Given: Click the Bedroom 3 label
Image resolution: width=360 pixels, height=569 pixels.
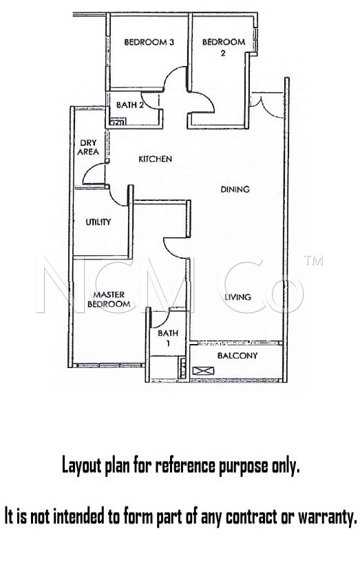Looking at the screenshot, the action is [x=149, y=42].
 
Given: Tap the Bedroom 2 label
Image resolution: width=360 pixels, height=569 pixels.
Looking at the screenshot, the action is [x=224, y=47].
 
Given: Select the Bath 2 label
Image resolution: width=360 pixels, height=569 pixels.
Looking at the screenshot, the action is [x=130, y=105].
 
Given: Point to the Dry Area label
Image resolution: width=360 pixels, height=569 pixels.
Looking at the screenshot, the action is [x=88, y=147].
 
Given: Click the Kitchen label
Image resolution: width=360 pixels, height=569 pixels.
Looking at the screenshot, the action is [x=156, y=159].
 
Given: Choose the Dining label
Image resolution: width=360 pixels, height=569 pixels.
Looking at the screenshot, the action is [x=235, y=189].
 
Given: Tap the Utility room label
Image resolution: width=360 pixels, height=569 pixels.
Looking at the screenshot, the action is [x=98, y=222].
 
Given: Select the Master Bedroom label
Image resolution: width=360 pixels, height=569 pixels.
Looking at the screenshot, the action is [x=109, y=299].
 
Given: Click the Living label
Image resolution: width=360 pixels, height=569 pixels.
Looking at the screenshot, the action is [x=237, y=297].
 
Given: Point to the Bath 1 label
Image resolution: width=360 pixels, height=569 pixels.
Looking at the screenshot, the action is [x=168, y=338].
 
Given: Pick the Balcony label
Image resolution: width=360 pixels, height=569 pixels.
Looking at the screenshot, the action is [x=237, y=356].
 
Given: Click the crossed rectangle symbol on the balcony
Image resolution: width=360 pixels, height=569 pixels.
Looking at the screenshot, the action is [x=203, y=371].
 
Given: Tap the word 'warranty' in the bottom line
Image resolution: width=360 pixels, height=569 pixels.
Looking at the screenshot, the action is [x=326, y=517].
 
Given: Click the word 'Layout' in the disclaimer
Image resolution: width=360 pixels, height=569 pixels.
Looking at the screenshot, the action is [x=81, y=466].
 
